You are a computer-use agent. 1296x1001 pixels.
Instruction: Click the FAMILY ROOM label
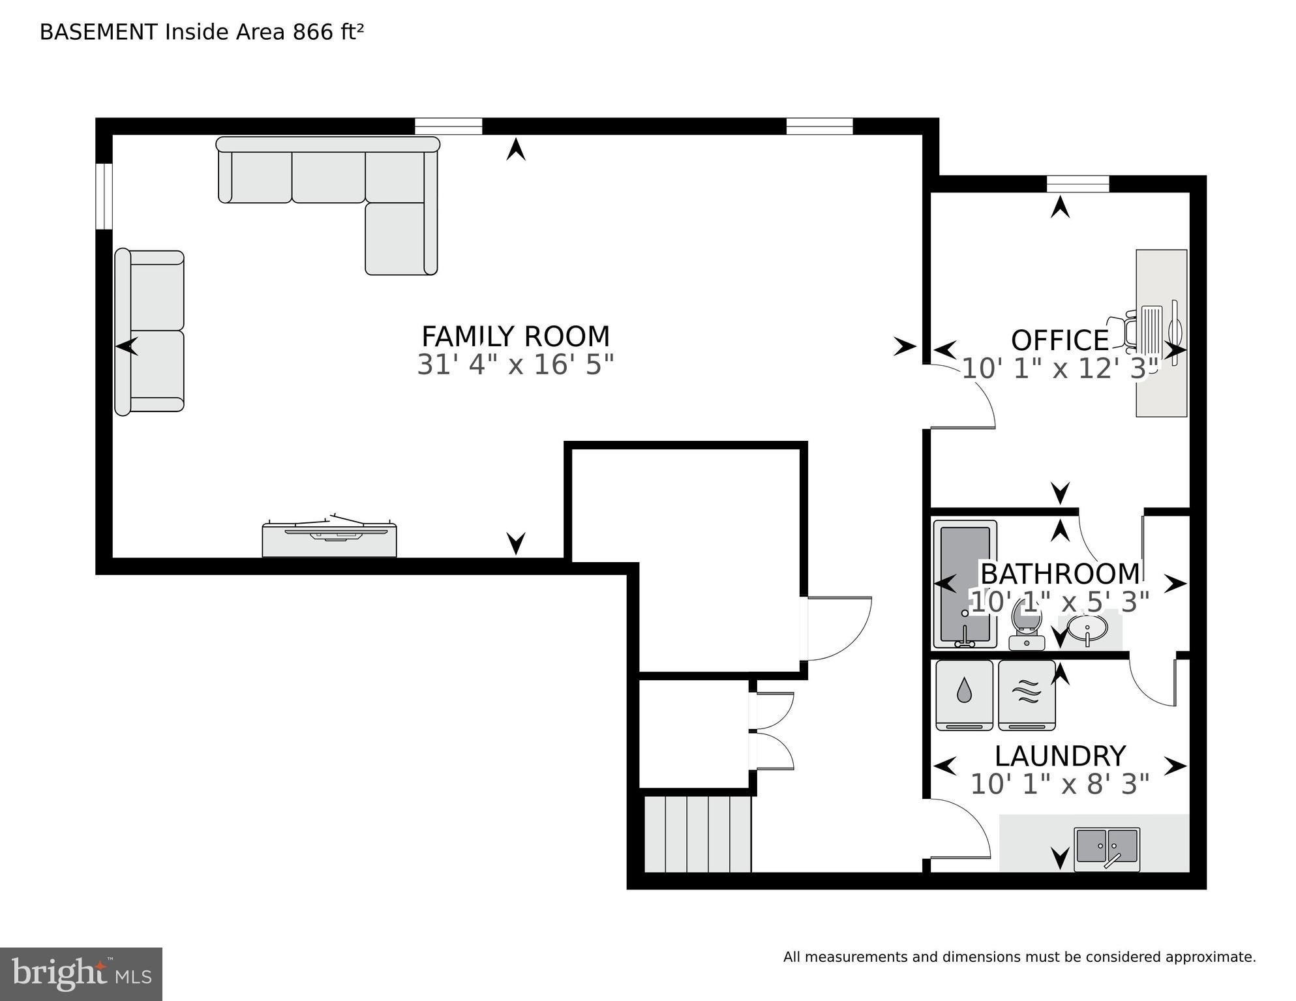(x=515, y=337)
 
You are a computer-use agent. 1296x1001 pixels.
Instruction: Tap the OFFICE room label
(x=1059, y=340)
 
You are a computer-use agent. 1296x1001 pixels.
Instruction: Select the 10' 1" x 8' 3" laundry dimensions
(x=1059, y=784)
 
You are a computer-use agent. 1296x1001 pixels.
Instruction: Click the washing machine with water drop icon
(x=964, y=695)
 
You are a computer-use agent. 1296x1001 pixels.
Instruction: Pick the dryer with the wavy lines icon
(x=1027, y=695)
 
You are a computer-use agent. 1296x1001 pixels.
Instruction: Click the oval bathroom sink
(x=1087, y=629)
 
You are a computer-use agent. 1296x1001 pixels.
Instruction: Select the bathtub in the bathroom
(x=964, y=584)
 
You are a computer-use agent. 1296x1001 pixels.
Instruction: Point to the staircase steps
(x=697, y=834)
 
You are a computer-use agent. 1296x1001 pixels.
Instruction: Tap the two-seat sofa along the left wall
(x=150, y=331)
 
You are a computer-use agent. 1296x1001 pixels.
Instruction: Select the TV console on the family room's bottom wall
(x=329, y=539)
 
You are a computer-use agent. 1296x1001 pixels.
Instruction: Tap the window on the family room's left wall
(x=104, y=196)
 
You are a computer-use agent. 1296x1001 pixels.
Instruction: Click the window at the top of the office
(x=1077, y=184)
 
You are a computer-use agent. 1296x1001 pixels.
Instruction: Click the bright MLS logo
(x=81, y=974)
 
